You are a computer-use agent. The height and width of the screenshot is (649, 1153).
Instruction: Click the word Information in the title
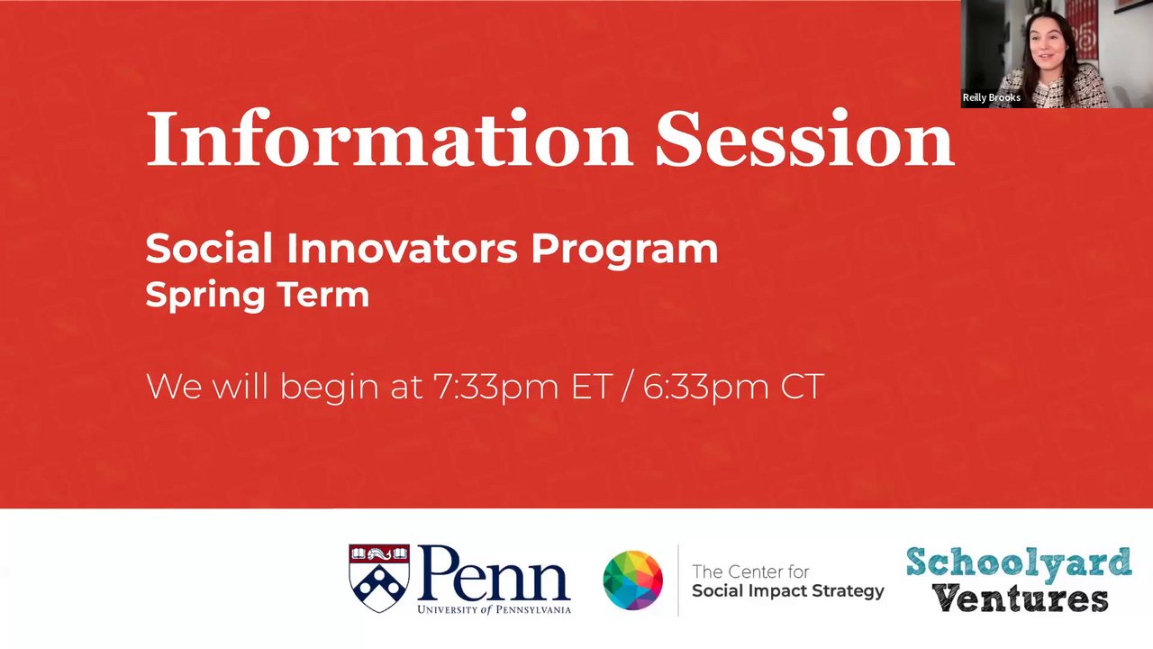pyautogui.click(x=389, y=138)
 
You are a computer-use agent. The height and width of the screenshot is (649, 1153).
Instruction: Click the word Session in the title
pyautogui.click(x=805, y=138)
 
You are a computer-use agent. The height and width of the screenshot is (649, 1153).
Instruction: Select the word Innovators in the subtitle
pyautogui.click(x=402, y=249)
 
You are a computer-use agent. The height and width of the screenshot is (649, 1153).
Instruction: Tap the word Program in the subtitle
pyautogui.click(x=624, y=251)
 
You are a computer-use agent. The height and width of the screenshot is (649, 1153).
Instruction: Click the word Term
pyautogui.click(x=323, y=294)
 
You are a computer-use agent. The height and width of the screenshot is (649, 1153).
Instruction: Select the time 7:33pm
pyautogui.click(x=495, y=387)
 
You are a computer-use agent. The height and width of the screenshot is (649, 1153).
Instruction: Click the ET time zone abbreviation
pyautogui.click(x=592, y=387)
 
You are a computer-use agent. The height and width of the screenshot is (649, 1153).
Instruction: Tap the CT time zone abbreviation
pyautogui.click(x=803, y=387)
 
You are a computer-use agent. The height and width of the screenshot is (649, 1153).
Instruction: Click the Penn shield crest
pyautogui.click(x=379, y=578)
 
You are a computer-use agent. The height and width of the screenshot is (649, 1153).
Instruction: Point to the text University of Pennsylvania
pyautogui.click(x=495, y=610)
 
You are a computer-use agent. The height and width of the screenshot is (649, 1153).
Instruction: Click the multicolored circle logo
pyautogui.click(x=632, y=580)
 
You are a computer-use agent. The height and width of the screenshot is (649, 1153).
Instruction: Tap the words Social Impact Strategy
pyautogui.click(x=788, y=591)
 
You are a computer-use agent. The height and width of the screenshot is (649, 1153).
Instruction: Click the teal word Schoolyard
pyautogui.click(x=1019, y=563)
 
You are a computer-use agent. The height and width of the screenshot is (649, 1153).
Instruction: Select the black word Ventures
pyautogui.click(x=1021, y=598)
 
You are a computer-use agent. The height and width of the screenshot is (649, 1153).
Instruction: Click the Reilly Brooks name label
pyautogui.click(x=992, y=97)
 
